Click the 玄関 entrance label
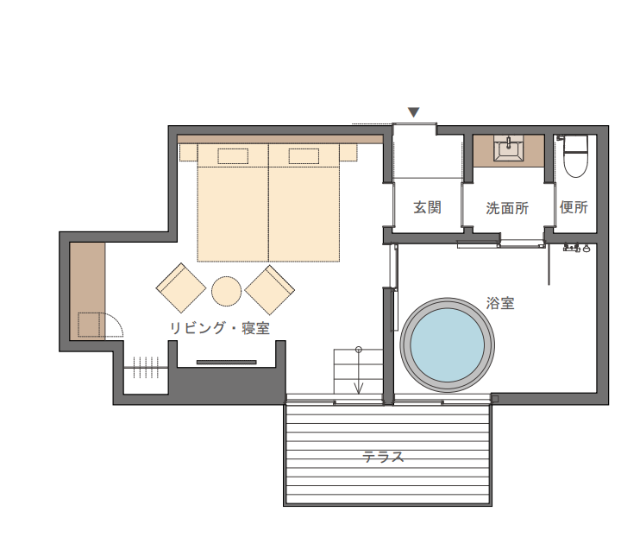click(x=427, y=207)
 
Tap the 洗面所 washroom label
click(x=507, y=208)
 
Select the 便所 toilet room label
click(x=574, y=207)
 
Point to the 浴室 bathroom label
click(x=500, y=303)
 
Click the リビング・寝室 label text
click(x=220, y=328)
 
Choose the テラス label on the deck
click(x=383, y=457)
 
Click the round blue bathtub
click(x=447, y=344)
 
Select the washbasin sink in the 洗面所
click(x=509, y=148)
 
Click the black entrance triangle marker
click(x=414, y=112)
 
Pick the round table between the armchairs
click(x=226, y=291)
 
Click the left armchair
click(x=181, y=287)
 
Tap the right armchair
click(x=270, y=290)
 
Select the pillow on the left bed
click(x=233, y=156)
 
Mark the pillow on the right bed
click(x=304, y=156)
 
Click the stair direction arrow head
click(x=359, y=388)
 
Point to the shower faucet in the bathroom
click(x=577, y=248)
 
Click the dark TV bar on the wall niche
click(x=227, y=362)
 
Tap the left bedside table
click(x=189, y=152)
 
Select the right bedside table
click(x=348, y=152)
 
